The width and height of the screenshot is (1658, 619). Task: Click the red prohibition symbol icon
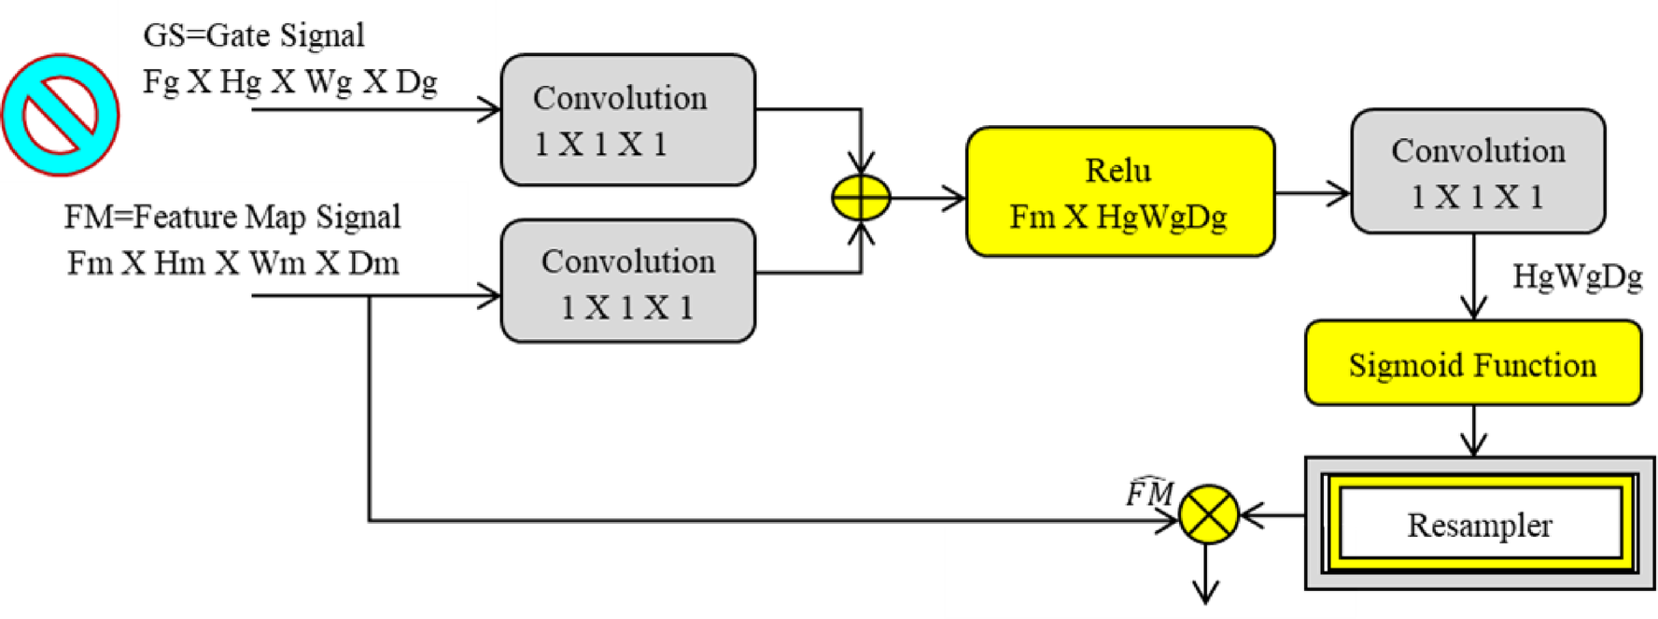[61, 114]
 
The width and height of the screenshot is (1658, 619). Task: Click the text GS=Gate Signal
[253, 35]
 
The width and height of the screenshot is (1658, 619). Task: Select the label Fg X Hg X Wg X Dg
[289, 82]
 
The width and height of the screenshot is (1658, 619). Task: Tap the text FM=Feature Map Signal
[232, 217]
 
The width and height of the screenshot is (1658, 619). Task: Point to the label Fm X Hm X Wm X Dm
[232, 263]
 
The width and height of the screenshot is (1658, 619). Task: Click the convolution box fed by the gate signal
[627, 120]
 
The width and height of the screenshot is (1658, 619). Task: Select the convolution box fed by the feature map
[627, 282]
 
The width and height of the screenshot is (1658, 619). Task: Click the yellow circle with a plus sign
[861, 198]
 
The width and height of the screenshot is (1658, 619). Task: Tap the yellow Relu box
[1119, 191]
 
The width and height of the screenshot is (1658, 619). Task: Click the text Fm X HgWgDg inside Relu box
[1117, 217]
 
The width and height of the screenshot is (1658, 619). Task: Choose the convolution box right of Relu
[1477, 172]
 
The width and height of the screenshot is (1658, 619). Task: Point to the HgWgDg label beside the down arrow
[1577, 276]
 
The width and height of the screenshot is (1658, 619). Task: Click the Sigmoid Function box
[1472, 364]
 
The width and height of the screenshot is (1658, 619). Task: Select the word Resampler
[1479, 525]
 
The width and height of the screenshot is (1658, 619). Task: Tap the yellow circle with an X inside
[1208, 514]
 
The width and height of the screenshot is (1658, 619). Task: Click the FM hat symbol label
[1149, 491]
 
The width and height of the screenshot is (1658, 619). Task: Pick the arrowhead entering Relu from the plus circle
[955, 198]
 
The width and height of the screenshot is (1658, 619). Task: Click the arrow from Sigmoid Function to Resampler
[1473, 432]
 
